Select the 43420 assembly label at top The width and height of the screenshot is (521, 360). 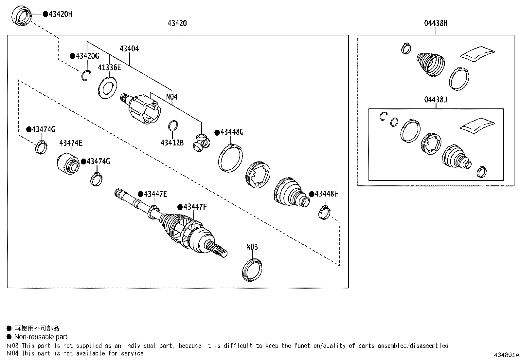[177, 23]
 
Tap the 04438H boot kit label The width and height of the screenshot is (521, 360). [436, 23]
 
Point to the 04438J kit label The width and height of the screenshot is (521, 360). [436, 99]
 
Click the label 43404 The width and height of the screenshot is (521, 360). [129, 49]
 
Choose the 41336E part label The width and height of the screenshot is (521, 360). [109, 67]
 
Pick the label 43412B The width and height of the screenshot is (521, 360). [172, 143]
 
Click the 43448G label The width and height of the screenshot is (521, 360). [232, 132]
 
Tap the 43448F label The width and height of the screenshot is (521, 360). [326, 194]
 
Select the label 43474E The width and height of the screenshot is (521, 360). [71, 143]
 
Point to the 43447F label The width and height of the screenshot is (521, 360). [195, 207]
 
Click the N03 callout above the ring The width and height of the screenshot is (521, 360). [252, 247]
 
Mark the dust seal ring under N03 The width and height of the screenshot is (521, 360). [252, 270]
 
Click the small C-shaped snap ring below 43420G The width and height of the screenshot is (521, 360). [86, 76]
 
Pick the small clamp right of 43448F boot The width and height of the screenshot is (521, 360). [324, 213]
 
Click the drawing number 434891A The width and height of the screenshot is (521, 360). [507, 355]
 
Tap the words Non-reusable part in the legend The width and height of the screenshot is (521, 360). [41, 337]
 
